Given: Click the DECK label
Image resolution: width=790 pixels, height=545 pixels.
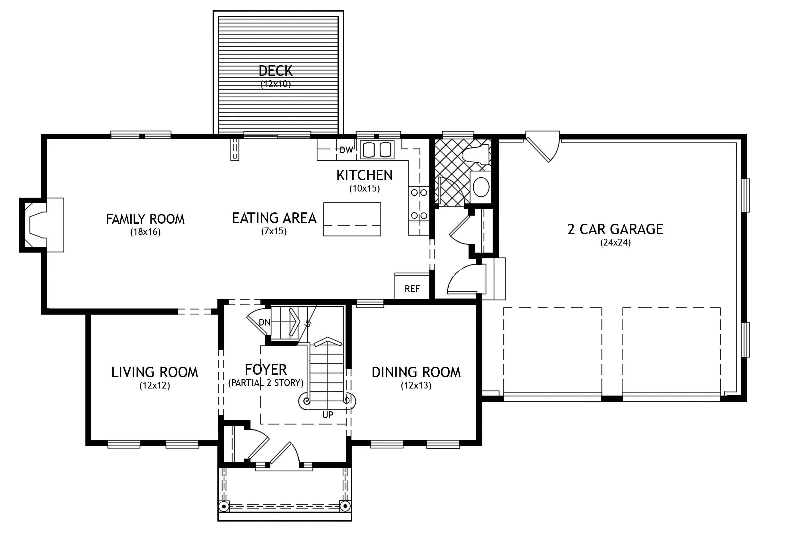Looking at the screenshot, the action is click(x=276, y=71).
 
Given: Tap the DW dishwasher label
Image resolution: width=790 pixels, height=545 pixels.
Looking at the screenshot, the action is click(x=346, y=150).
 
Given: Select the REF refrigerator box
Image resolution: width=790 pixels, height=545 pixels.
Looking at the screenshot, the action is click(x=412, y=286).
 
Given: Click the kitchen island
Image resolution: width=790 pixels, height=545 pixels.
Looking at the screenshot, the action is click(x=352, y=219).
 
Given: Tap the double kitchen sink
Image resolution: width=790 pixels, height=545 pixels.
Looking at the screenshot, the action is click(x=376, y=149).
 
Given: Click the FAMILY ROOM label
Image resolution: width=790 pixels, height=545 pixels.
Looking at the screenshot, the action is click(x=145, y=219).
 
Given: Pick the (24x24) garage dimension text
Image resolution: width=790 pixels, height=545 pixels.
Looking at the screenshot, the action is click(x=615, y=242).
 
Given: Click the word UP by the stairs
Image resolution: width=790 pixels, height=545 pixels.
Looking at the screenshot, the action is click(x=328, y=415).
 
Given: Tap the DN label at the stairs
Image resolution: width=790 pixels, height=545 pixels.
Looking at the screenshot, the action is click(x=265, y=322).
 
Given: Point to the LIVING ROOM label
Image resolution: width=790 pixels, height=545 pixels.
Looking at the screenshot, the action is click(x=154, y=372).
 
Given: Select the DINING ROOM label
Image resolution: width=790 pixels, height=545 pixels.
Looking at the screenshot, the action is click(x=416, y=372).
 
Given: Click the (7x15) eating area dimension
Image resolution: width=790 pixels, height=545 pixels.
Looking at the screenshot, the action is click(x=274, y=231).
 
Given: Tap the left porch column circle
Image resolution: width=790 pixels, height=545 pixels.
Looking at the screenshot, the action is click(x=224, y=506).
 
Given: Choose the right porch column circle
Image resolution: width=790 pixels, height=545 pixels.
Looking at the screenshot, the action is click(x=345, y=506).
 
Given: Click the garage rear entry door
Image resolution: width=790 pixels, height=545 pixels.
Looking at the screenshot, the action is click(x=543, y=146).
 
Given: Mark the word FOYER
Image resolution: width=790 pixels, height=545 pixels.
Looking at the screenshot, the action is click(x=266, y=370).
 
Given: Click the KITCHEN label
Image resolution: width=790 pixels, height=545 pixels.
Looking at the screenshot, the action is click(x=364, y=175).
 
